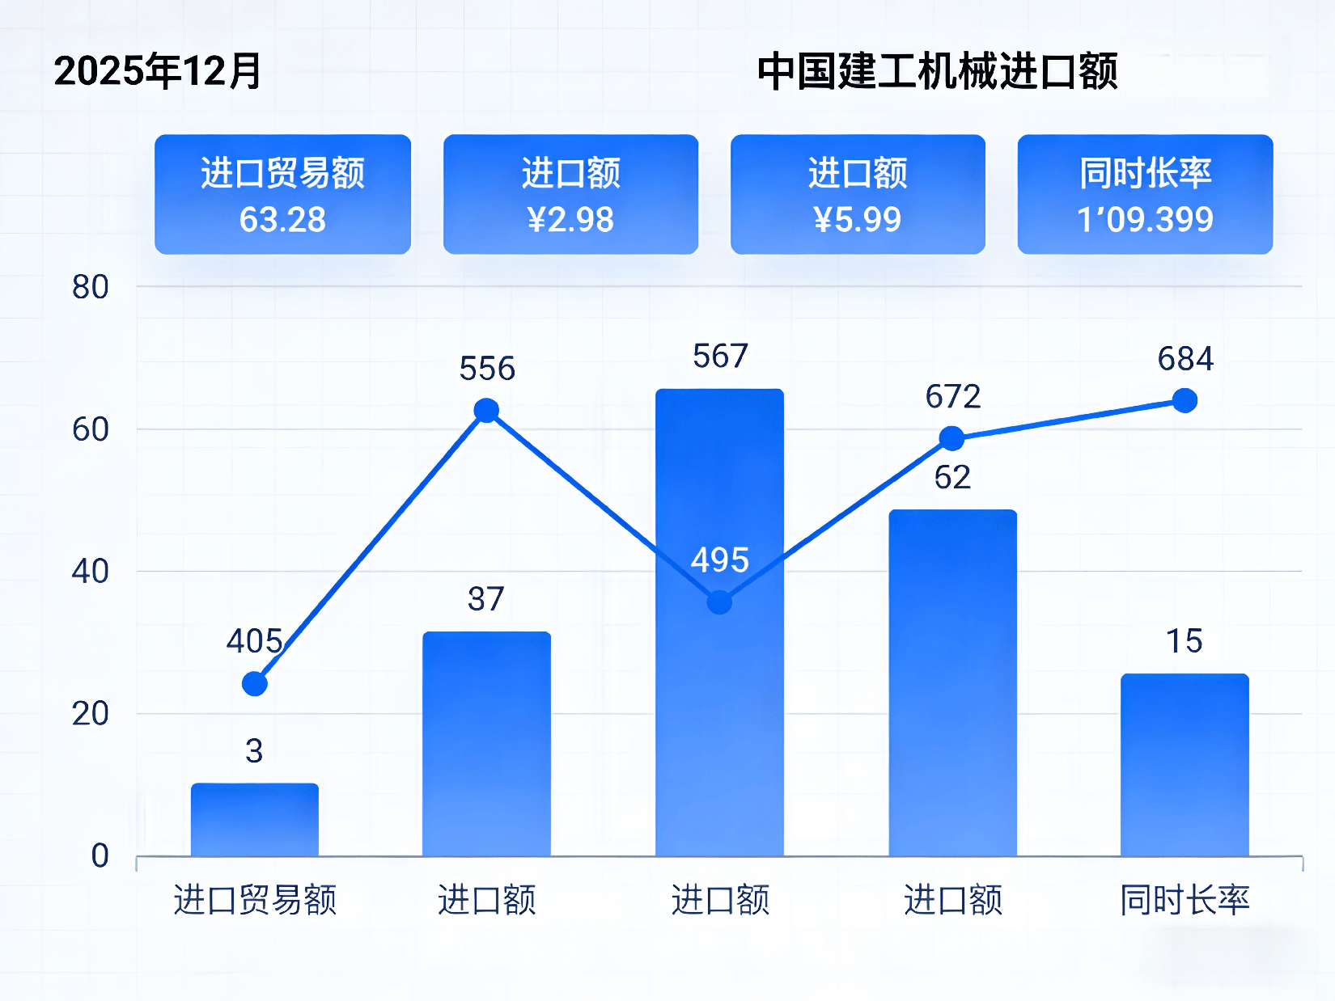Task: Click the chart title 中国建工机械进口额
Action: [937, 71]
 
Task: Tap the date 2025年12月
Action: [158, 71]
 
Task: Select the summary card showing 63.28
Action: [282, 195]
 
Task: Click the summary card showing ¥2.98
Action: [570, 195]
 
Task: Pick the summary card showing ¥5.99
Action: [858, 195]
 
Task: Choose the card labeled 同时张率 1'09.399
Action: [1145, 195]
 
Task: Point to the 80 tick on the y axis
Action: [90, 287]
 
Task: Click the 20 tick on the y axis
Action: [90, 714]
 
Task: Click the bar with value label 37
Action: [486, 744]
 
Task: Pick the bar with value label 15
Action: [1185, 764]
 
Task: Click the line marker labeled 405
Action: [255, 684]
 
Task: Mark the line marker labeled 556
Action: [486, 411]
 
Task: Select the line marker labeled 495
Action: [719, 602]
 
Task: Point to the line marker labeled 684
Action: [1185, 400]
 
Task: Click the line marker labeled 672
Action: [952, 439]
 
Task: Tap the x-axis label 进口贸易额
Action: [255, 900]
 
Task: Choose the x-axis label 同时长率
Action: [1185, 900]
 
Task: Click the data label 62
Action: [952, 478]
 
